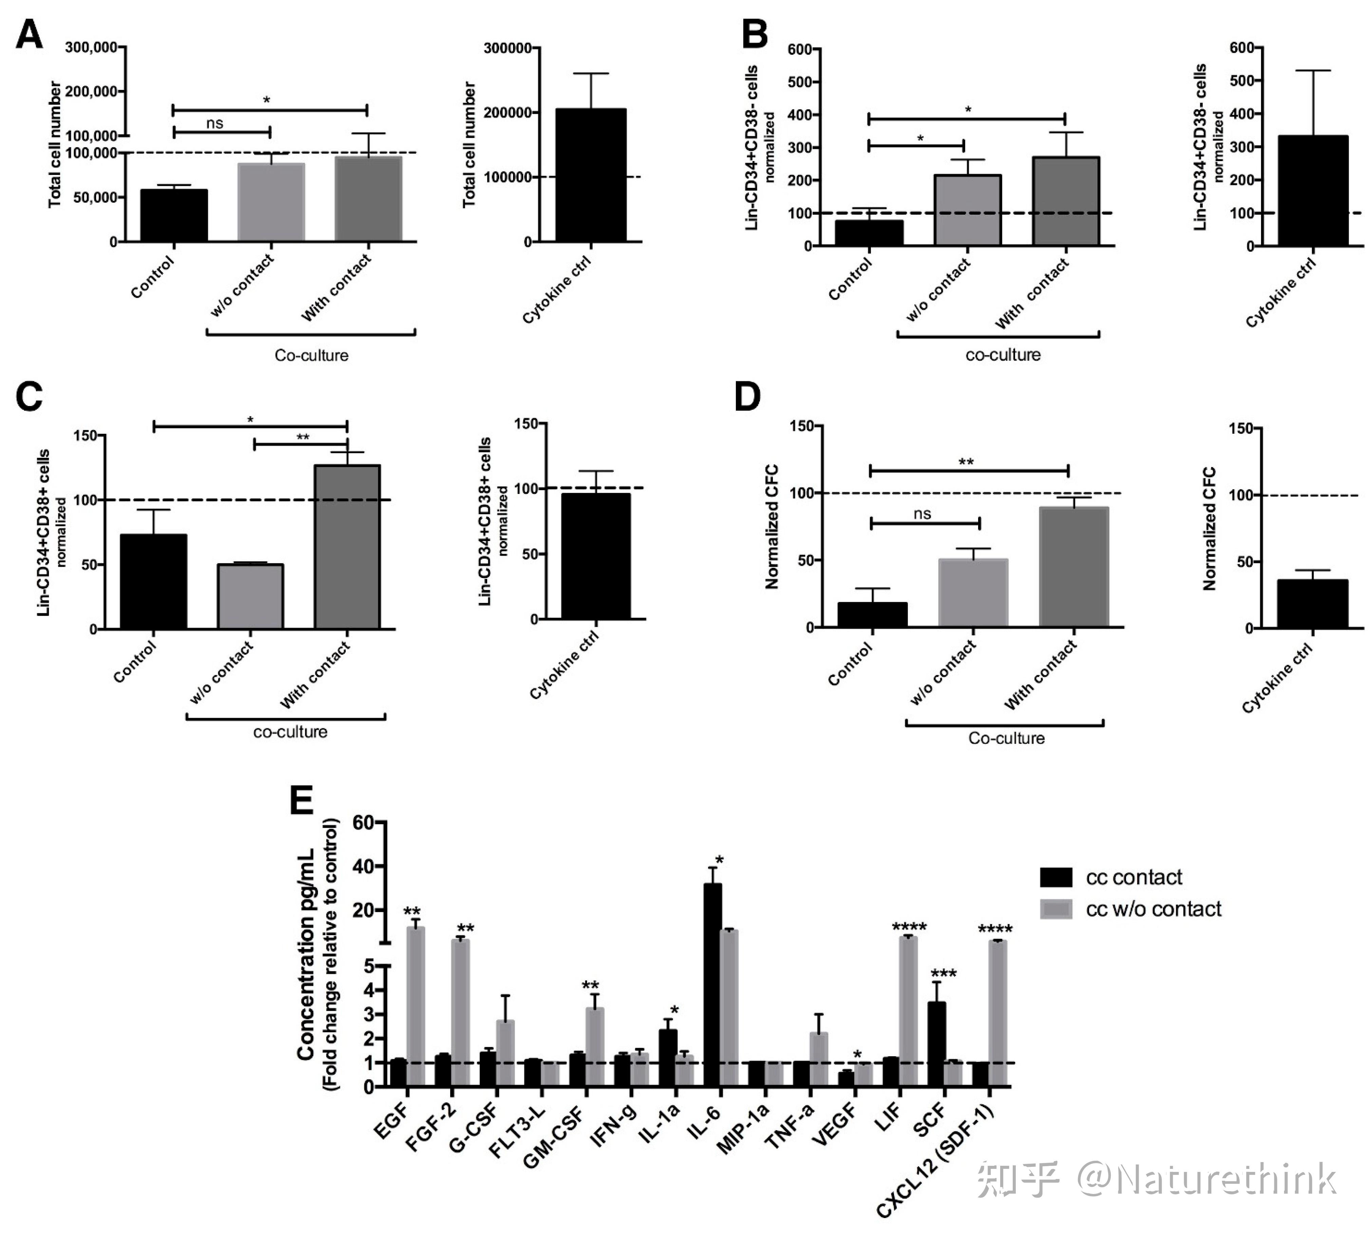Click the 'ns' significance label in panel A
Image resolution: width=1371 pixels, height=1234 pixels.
[x=214, y=123]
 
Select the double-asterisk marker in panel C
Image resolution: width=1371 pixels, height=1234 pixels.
[x=302, y=437]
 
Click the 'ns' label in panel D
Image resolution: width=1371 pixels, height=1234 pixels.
[x=922, y=514]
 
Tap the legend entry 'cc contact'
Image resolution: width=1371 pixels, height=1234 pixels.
[x=1134, y=878]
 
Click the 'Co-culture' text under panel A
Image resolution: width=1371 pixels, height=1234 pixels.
[x=311, y=355]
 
